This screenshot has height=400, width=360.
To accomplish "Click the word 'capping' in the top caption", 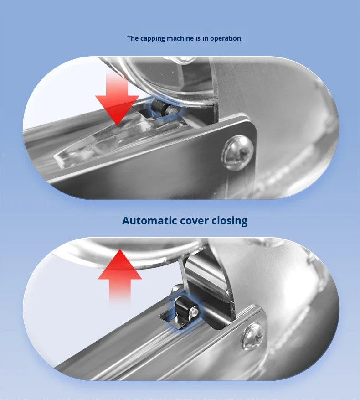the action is click(x=153, y=38).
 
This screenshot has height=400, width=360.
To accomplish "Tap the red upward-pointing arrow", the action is click(x=120, y=276).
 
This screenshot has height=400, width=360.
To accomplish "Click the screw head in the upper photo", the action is click(x=237, y=152).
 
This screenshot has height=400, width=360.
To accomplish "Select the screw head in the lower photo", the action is click(x=253, y=337).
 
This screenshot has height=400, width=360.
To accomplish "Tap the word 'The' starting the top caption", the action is click(x=133, y=38).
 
